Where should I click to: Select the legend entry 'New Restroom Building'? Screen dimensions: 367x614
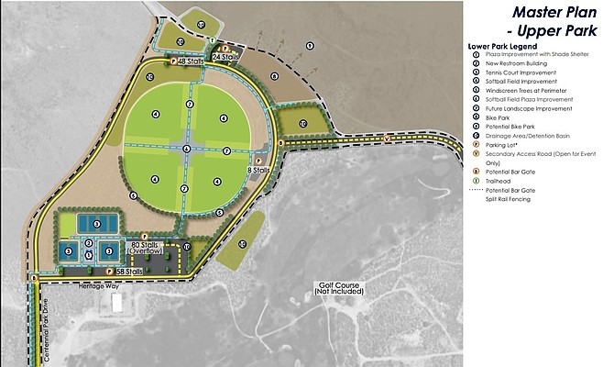[523, 64]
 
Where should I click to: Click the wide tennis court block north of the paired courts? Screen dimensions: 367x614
[95, 223]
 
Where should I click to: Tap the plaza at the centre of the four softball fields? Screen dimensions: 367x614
[187, 149]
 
